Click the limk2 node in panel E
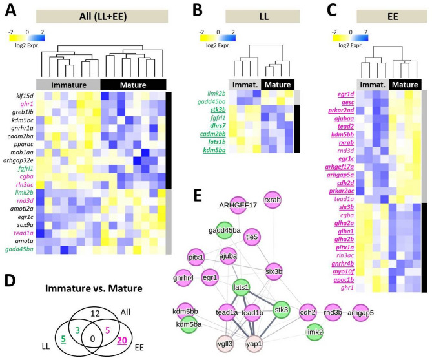pyautogui.click(x=313, y=331)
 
